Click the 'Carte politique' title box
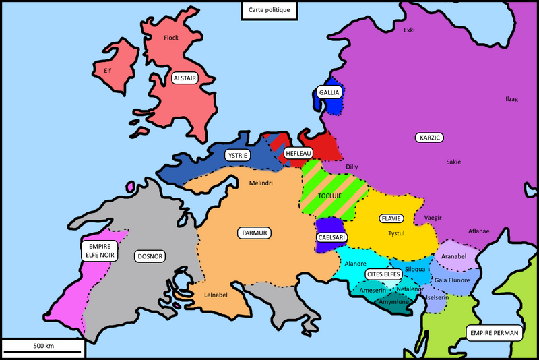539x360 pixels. [x=269, y=10]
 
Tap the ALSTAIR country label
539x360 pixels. [x=185, y=78]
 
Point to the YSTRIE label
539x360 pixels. [x=237, y=156]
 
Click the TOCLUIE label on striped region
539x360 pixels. [x=330, y=196]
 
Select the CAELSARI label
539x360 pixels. [x=331, y=238]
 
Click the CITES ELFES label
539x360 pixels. [x=384, y=274]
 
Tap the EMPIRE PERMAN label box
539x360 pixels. [x=495, y=333]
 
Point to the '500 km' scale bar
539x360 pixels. [x=43, y=347]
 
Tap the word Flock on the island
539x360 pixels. [x=171, y=38]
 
